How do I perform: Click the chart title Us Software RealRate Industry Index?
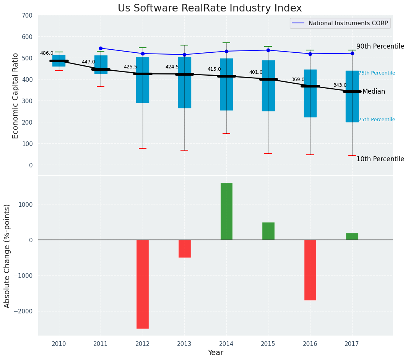[x=210, y=8]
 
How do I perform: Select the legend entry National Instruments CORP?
[x=348, y=23]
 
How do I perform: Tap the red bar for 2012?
[x=143, y=284]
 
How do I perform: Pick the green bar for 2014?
[x=226, y=211]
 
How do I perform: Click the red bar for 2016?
[x=310, y=270]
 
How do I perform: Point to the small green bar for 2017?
[x=352, y=237]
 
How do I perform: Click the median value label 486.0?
[x=47, y=54]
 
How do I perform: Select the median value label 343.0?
[x=340, y=86]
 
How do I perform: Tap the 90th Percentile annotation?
[x=380, y=47]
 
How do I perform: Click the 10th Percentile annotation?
[x=380, y=159]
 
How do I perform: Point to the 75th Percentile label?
[x=377, y=73]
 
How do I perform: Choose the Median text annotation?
[x=374, y=92]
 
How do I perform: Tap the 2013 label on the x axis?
[x=184, y=344]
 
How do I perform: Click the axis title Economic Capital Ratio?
[x=16, y=96]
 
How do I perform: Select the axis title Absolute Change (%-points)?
[x=7, y=256]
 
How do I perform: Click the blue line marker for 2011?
[x=101, y=49]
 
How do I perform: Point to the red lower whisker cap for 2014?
[x=226, y=133]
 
